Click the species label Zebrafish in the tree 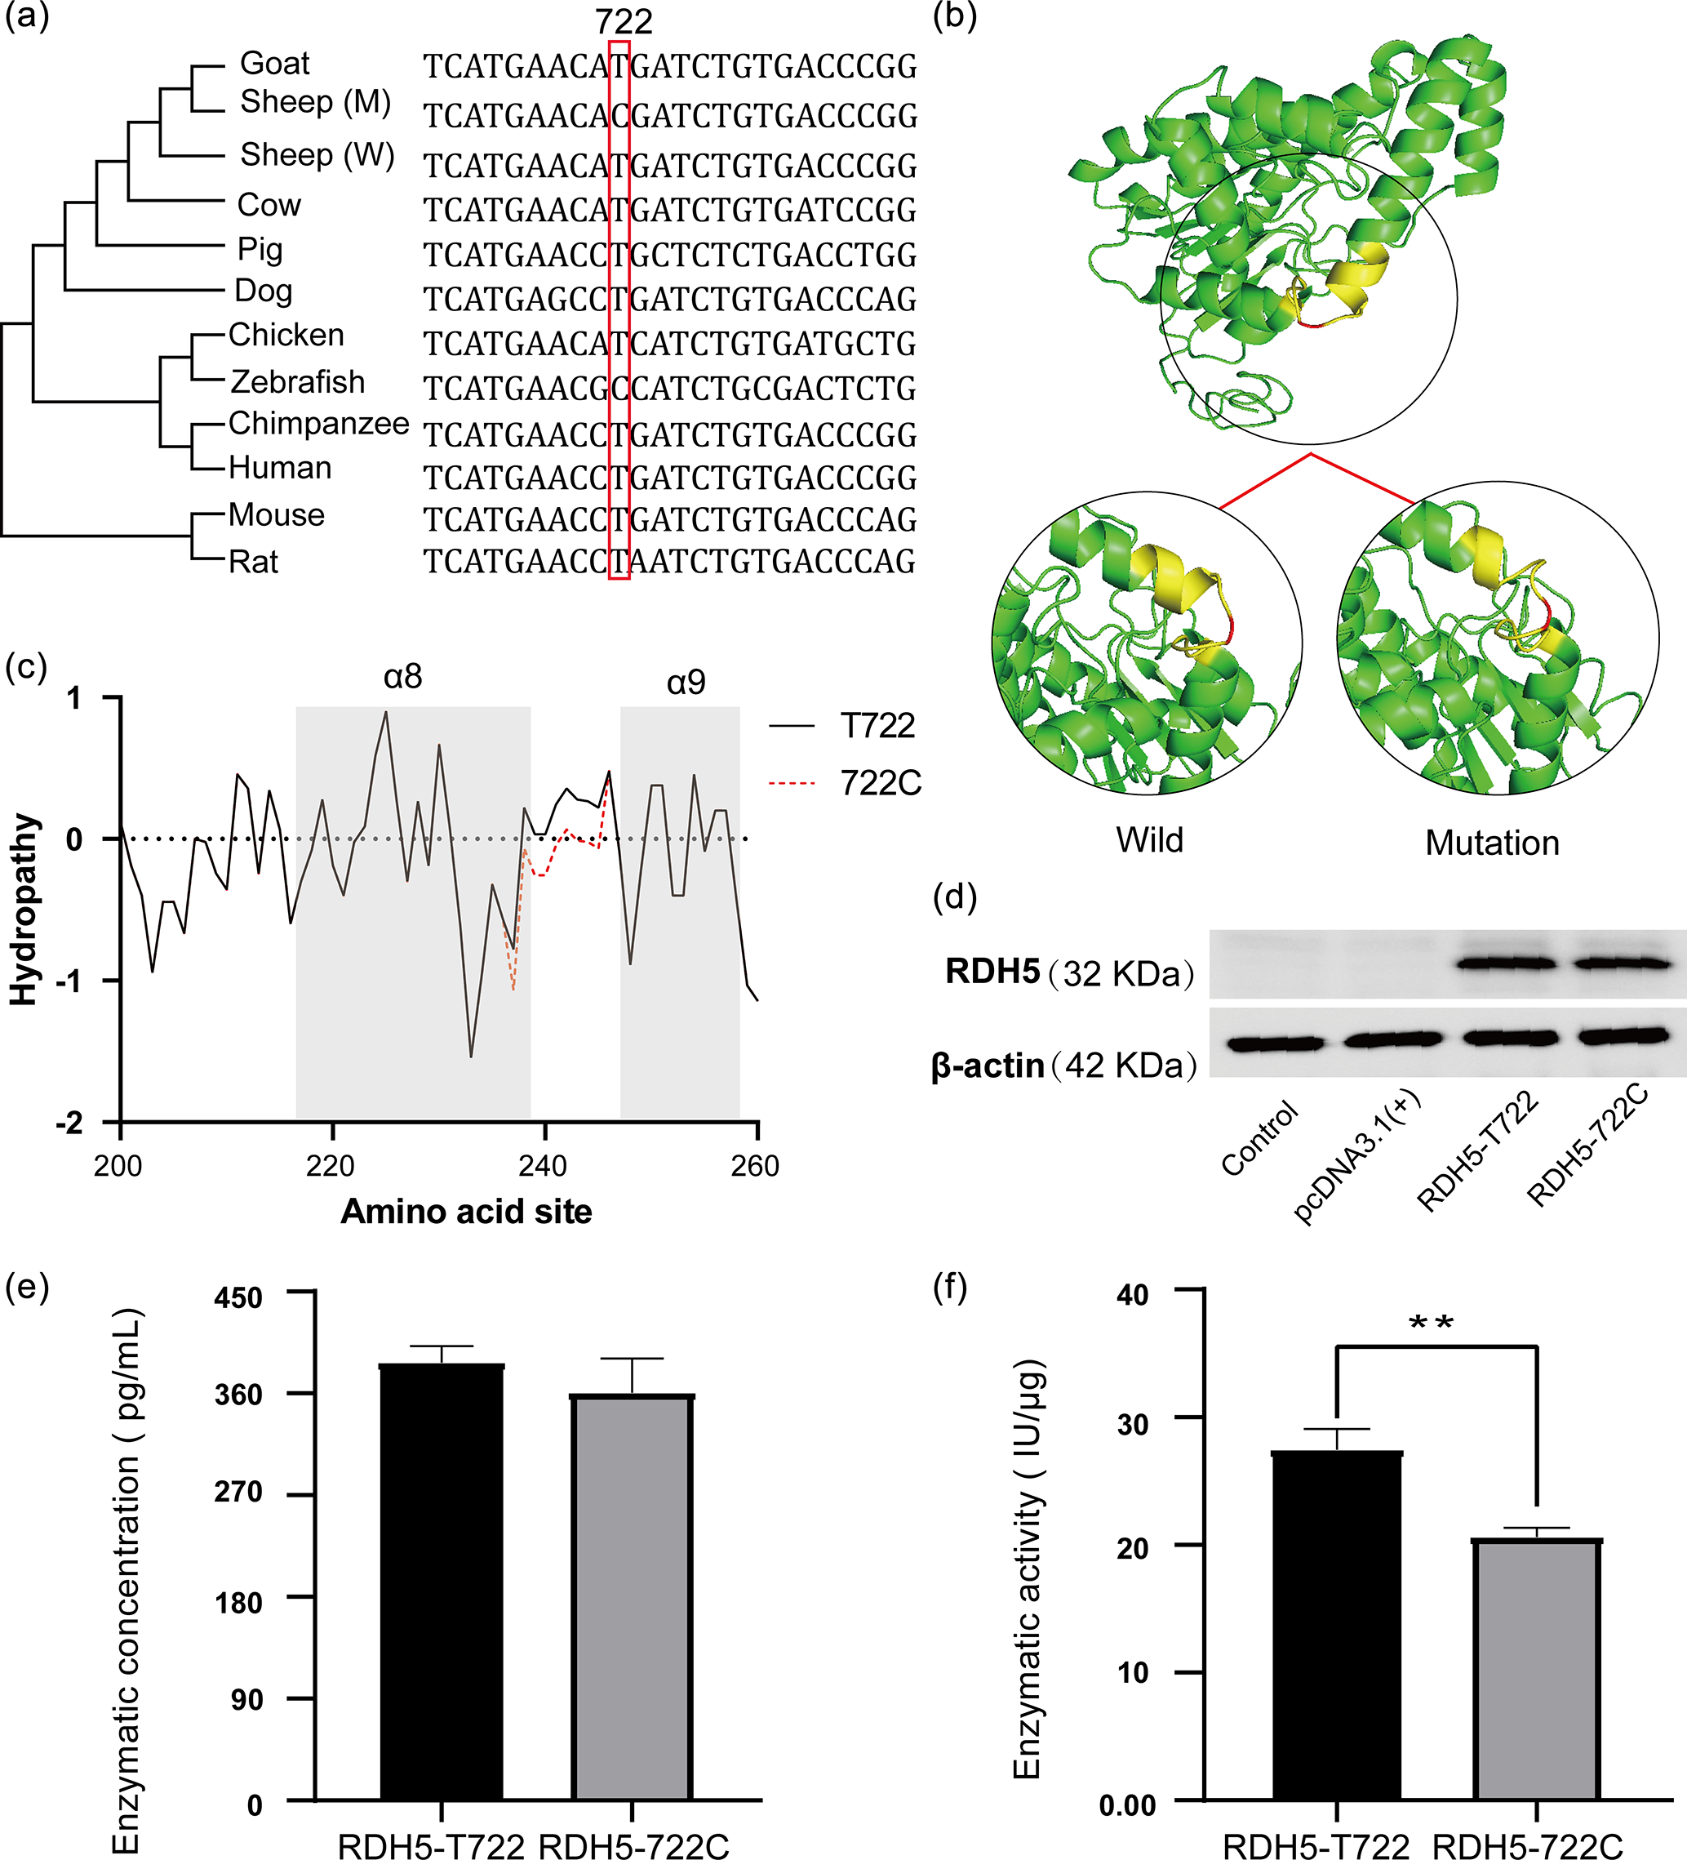[x=297, y=382]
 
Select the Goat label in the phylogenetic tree [x=274, y=64]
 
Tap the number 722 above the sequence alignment [x=624, y=21]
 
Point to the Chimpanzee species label [x=318, y=424]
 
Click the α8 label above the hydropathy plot [x=403, y=677]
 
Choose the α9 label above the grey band [x=686, y=683]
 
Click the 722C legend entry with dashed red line [x=880, y=783]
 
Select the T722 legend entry [x=877, y=726]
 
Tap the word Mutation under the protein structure [x=1491, y=843]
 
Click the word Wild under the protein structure [x=1149, y=840]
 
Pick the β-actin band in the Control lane [x=1276, y=1044]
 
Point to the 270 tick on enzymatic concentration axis [x=239, y=1493]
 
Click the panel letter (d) [x=955, y=897]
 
